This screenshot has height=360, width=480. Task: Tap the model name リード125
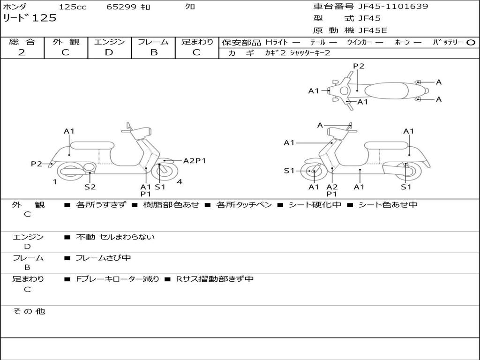coord(30,18)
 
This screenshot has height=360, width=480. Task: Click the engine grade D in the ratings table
coord(109,52)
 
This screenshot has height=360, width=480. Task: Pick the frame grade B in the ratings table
coord(153,52)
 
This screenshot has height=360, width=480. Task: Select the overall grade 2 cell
coord(22,52)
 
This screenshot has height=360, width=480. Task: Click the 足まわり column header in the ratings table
coord(197,42)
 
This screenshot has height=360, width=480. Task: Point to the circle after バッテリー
coord(471,42)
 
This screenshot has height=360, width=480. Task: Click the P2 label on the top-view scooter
coord(359,66)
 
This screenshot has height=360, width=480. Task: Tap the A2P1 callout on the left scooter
coord(195,161)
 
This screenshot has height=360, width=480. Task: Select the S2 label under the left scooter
coord(90,187)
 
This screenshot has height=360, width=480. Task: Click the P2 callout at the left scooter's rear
coord(37,164)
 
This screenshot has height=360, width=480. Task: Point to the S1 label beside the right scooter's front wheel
coord(289,171)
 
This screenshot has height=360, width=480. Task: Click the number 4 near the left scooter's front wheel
coord(180,182)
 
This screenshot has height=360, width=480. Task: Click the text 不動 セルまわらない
coord(115,237)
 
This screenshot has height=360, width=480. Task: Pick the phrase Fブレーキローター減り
coord(118,279)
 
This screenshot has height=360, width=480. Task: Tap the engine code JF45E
coord(373,30)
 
